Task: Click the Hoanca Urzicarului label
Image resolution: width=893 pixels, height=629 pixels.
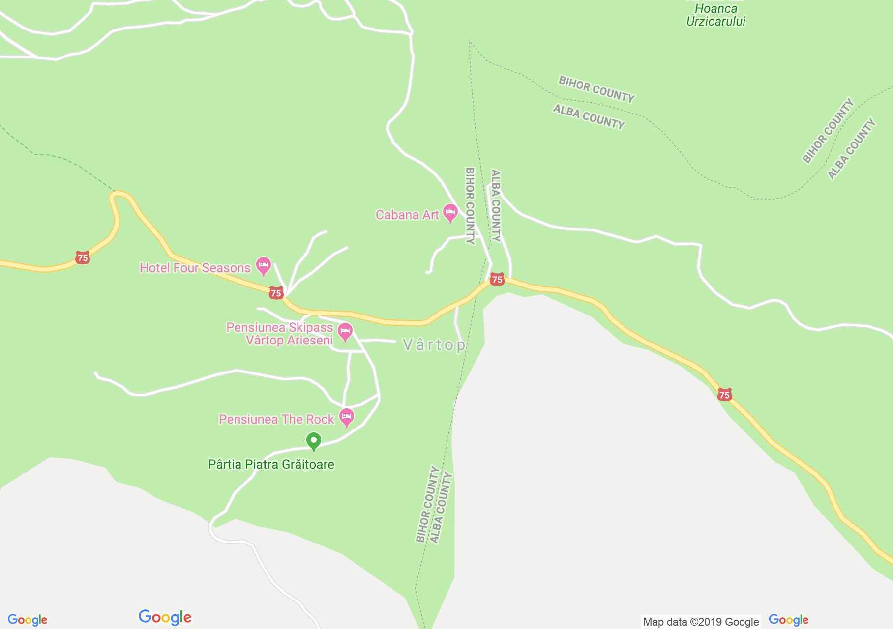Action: [715, 15]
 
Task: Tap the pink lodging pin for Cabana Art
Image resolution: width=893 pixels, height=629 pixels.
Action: [450, 213]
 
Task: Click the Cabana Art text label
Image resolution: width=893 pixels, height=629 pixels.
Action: [407, 215]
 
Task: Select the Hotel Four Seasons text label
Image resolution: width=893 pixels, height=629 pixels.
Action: [195, 268]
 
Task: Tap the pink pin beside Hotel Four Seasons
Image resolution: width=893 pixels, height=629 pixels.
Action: [264, 266]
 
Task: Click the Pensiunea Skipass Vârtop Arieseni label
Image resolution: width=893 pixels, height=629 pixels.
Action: [280, 334]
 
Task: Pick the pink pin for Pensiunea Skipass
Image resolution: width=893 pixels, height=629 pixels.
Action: [345, 332]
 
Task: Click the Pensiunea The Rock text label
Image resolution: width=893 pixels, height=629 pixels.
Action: [276, 420]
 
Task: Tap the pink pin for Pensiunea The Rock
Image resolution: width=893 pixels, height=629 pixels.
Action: [347, 417]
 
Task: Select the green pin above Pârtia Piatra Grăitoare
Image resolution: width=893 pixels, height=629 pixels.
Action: [314, 440]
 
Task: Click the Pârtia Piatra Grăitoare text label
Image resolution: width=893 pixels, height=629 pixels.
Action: [271, 465]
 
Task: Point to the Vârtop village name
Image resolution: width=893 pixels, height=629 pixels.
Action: [434, 345]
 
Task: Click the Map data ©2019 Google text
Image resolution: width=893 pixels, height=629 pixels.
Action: [701, 622]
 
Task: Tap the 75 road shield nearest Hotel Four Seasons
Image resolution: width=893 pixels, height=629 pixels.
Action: [276, 293]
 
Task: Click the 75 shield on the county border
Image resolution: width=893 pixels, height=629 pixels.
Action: [497, 280]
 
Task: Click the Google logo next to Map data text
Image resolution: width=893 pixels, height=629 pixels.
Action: [788, 620]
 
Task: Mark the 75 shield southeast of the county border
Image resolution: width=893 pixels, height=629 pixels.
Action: [724, 395]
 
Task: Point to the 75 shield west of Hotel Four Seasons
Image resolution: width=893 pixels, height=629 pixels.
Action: [83, 257]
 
